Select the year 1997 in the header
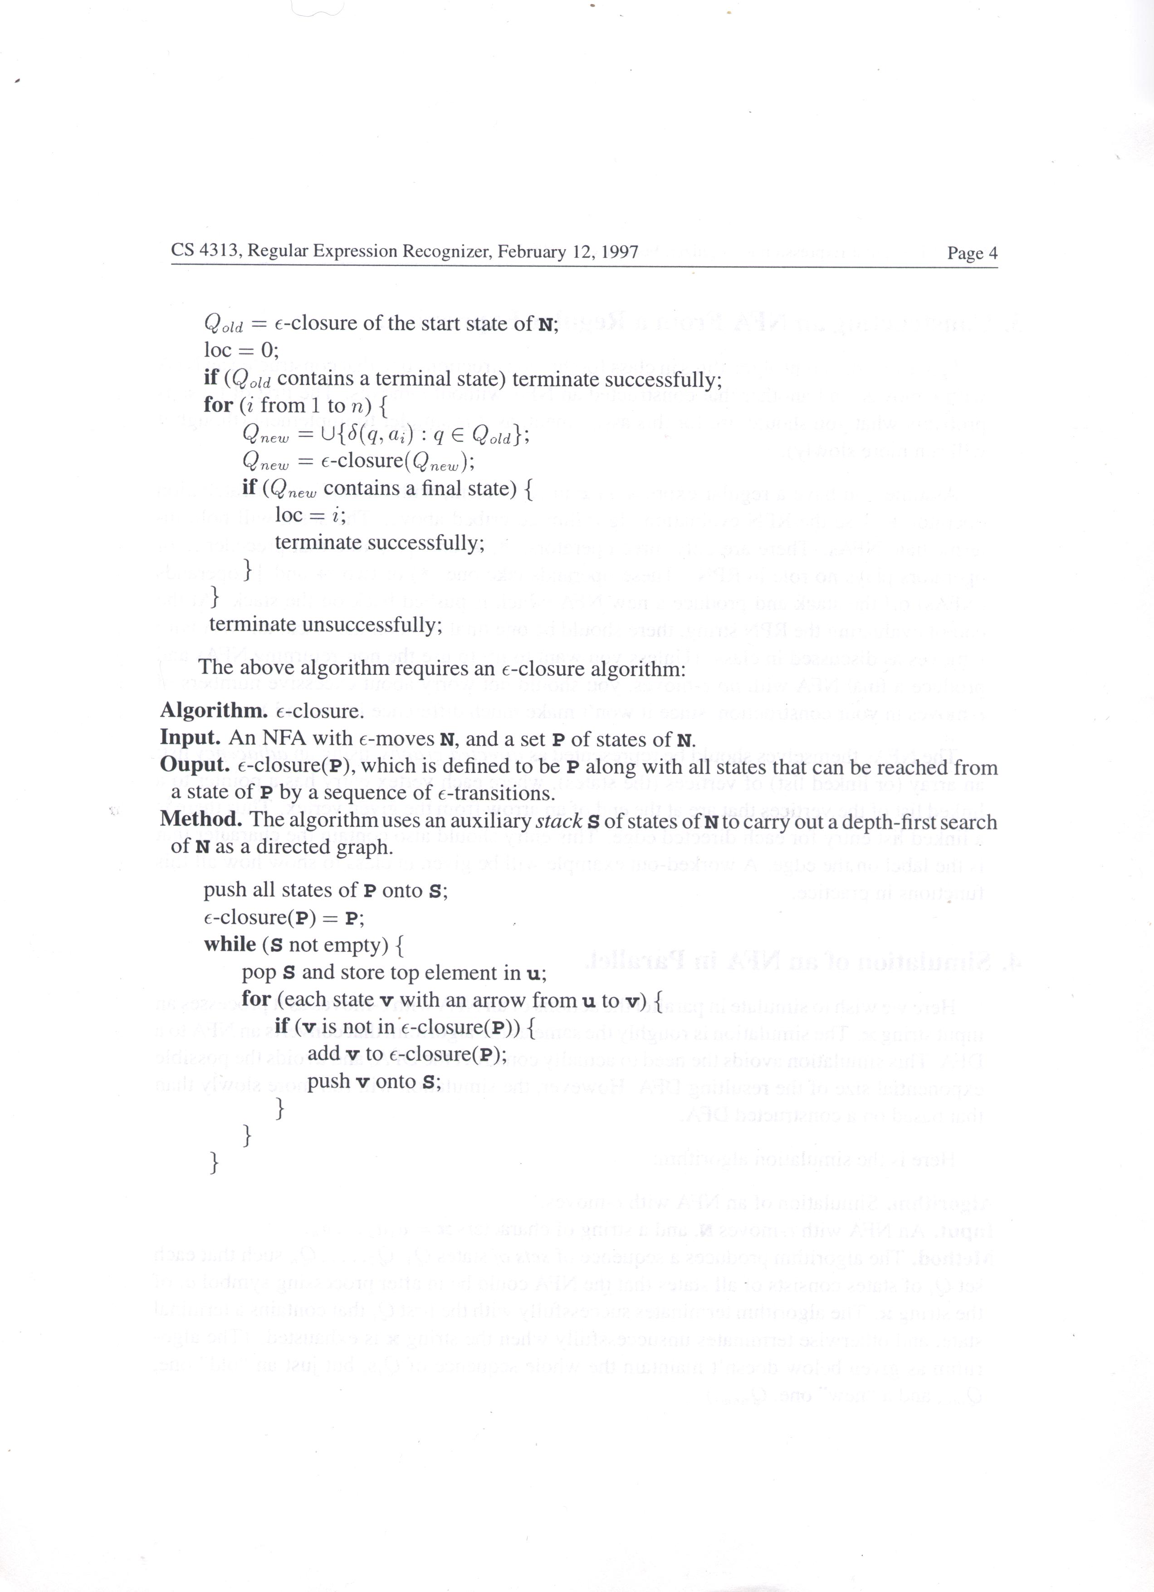click(619, 251)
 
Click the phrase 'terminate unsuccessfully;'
click(326, 624)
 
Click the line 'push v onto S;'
click(374, 1082)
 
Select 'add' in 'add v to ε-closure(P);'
click(323, 1054)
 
